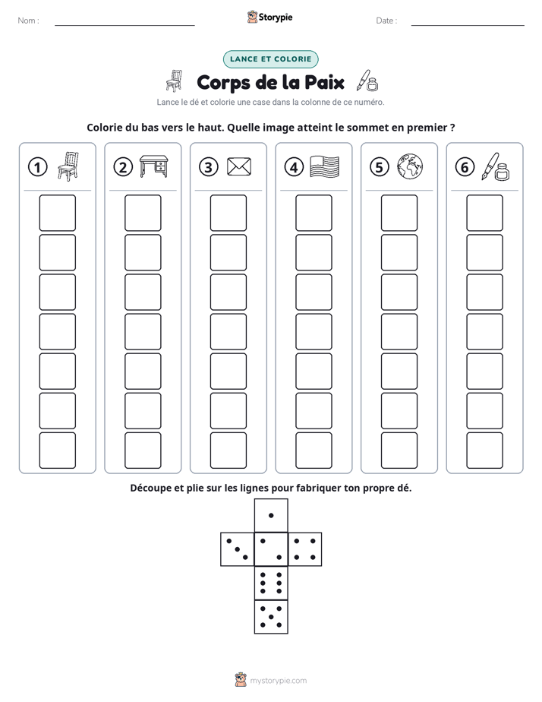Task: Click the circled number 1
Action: click(x=37, y=167)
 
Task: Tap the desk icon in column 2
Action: click(x=154, y=166)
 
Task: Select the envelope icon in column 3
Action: click(x=239, y=166)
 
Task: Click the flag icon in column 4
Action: click(x=325, y=166)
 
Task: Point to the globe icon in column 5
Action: click(x=410, y=166)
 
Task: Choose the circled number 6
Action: click(x=465, y=167)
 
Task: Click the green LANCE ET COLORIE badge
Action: click(x=270, y=59)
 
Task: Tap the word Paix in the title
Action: click(x=325, y=82)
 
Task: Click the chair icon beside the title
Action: click(x=175, y=81)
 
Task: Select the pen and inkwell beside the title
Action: click(x=367, y=81)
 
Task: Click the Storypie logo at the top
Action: click(x=269, y=17)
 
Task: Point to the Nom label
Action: click(x=28, y=21)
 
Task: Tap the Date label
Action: click(x=386, y=21)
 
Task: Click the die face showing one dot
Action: click(x=271, y=516)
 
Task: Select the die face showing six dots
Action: click(x=271, y=583)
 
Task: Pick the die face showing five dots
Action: click(x=271, y=617)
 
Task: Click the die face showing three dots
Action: click(x=238, y=549)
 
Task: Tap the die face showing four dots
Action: click(x=305, y=549)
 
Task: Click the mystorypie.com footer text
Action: click(x=278, y=681)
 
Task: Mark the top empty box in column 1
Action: click(x=57, y=213)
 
